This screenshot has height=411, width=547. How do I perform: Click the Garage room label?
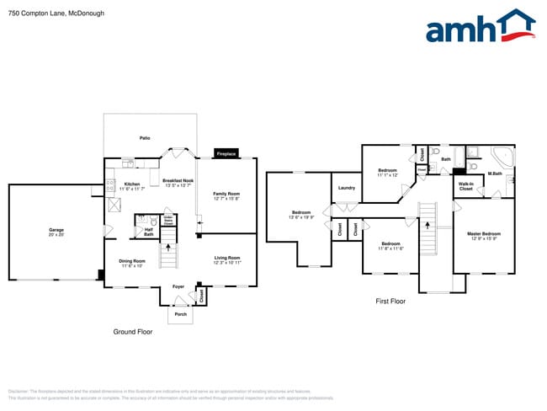click(56, 230)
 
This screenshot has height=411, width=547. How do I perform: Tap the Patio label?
click(145, 137)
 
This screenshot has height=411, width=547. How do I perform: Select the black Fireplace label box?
click(226, 154)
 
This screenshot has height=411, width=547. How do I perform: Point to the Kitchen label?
click(132, 184)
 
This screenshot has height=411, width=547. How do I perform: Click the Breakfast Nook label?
click(178, 180)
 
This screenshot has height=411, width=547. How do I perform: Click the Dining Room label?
click(133, 261)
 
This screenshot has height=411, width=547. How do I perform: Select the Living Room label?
click(226, 259)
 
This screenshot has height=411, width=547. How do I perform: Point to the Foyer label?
click(178, 286)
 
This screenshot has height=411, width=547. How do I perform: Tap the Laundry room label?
click(347, 188)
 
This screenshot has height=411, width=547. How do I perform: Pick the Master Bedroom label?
click(484, 233)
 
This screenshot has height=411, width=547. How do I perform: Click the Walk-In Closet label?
click(465, 185)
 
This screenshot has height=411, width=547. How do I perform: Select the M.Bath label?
click(495, 173)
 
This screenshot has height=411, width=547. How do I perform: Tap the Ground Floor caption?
click(133, 332)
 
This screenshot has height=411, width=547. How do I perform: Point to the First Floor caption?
click(390, 301)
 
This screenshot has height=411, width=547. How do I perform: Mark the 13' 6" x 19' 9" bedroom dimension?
click(301, 217)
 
